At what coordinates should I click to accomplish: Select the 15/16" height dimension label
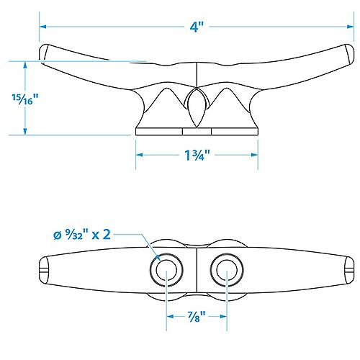point(24,99)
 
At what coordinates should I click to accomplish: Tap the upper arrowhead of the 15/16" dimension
point(24,64)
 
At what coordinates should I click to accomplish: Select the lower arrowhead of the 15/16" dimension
point(24,132)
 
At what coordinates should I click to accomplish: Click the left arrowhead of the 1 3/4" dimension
point(139,155)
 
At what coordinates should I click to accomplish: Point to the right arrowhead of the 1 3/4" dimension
point(256,155)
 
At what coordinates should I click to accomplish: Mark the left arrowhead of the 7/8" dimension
point(169,315)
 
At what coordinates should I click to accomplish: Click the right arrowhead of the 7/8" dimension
point(226,315)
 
